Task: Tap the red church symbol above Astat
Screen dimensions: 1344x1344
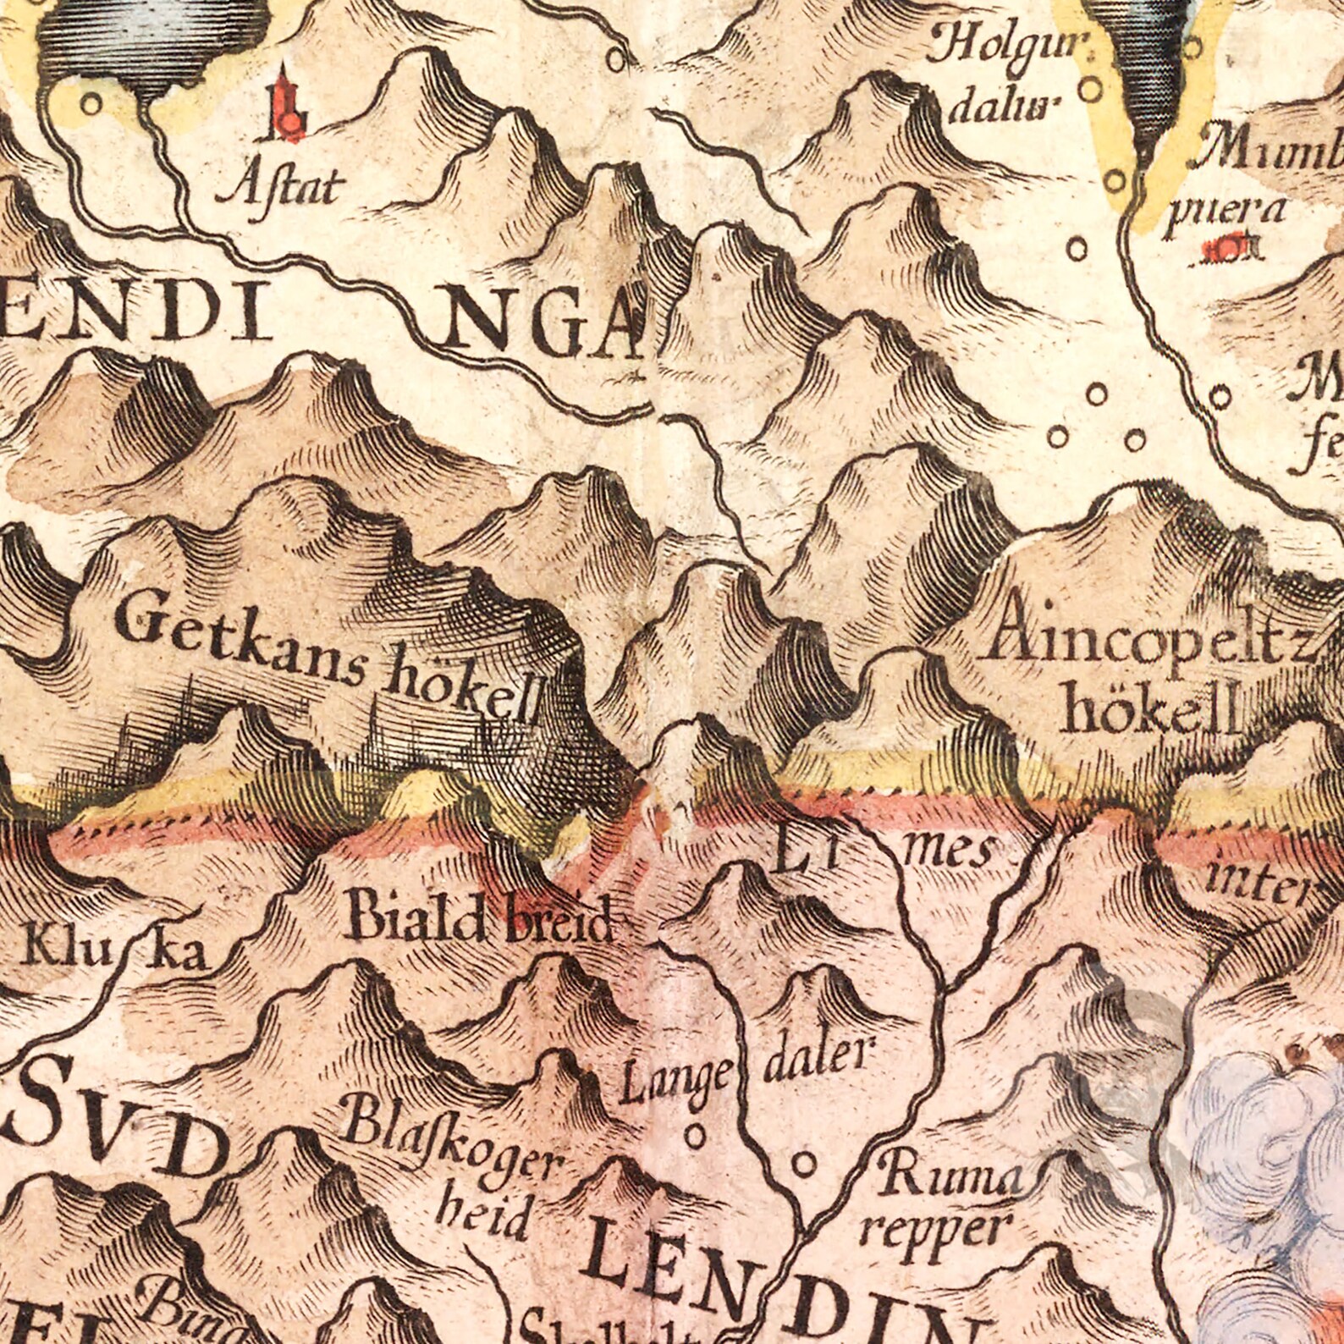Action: click(x=286, y=111)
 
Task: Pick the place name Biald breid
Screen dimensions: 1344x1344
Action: click(x=479, y=922)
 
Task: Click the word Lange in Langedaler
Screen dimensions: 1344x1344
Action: click(x=675, y=1084)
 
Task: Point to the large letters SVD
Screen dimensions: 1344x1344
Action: click(x=118, y=1138)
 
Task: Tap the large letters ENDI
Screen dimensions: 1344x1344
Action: click(x=140, y=317)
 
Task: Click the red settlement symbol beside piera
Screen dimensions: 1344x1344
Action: click(x=1225, y=249)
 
